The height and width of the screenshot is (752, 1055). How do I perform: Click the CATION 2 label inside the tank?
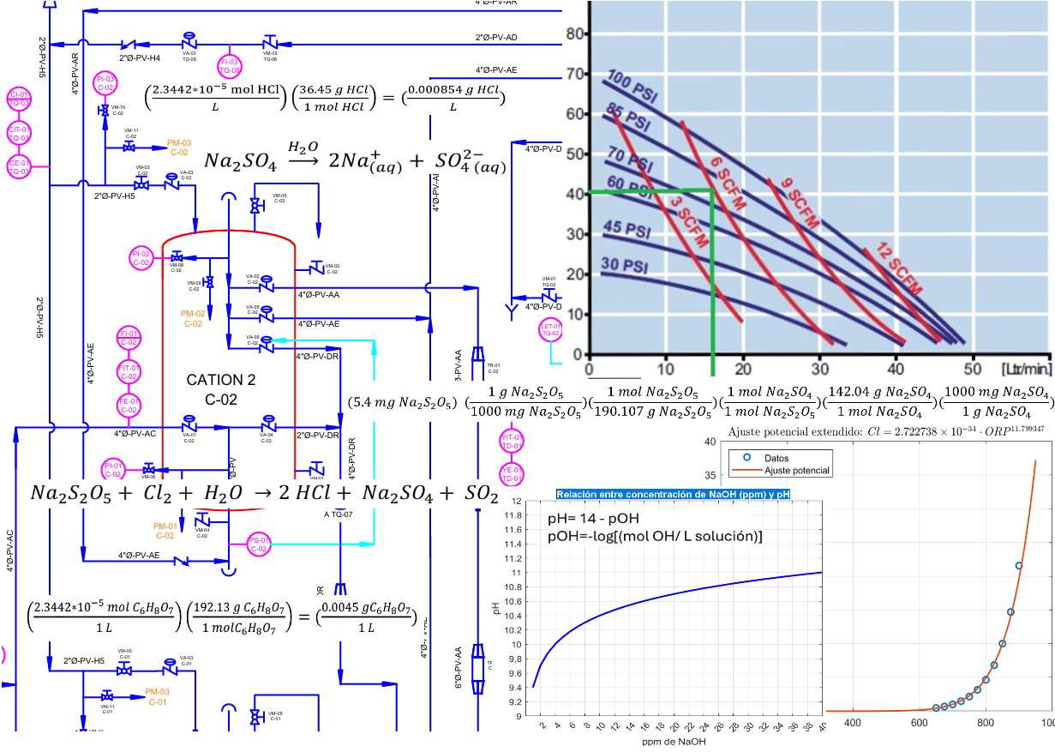click(220, 379)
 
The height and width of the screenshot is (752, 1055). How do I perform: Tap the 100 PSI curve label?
click(631, 84)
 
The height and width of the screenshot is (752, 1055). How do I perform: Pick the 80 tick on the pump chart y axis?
click(574, 34)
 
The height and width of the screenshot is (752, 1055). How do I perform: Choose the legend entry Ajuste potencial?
click(796, 471)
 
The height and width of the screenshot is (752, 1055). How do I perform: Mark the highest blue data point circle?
click(1018, 566)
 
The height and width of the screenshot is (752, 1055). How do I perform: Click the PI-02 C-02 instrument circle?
click(141, 257)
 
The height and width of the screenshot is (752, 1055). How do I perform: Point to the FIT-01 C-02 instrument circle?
click(129, 370)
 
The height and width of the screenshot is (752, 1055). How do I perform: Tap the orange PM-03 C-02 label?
click(179, 147)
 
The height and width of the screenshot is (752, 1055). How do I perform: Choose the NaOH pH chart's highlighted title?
click(673, 495)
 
